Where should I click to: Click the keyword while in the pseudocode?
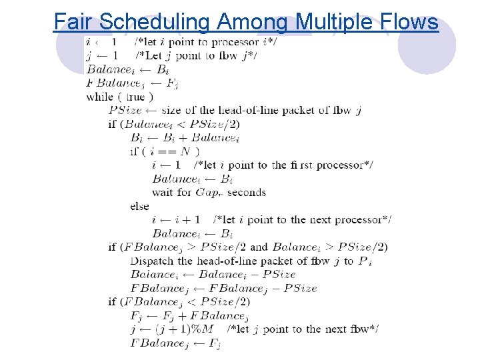100,97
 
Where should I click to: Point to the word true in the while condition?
135,97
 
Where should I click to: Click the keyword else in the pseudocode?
139,206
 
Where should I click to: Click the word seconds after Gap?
246,193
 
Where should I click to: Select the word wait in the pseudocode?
163,193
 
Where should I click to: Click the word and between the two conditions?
259,247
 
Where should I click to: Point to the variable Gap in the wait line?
208,193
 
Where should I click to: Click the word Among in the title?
253,22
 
